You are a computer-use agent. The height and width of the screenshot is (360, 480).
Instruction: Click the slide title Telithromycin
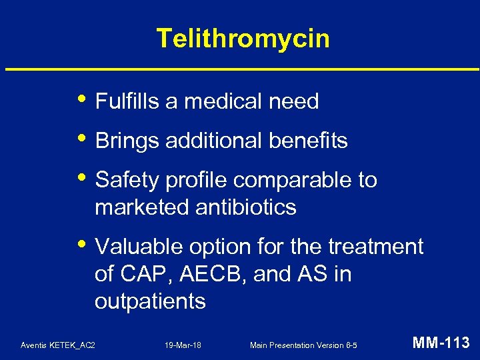click(x=243, y=39)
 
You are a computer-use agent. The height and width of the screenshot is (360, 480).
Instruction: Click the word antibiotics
click(x=246, y=207)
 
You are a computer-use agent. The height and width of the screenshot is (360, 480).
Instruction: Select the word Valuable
click(x=136, y=247)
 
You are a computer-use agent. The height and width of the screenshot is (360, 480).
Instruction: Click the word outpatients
click(x=150, y=301)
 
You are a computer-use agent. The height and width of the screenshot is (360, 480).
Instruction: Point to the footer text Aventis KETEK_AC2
click(x=58, y=345)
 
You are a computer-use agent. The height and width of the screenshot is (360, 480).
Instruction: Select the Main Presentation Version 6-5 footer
click(x=303, y=345)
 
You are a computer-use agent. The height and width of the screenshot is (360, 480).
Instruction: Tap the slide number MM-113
click(x=441, y=343)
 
